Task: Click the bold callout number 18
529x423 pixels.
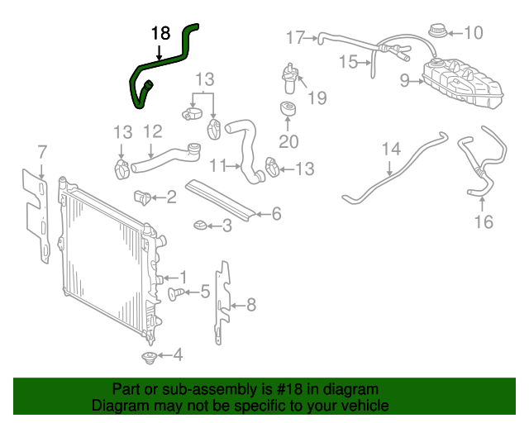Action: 160,34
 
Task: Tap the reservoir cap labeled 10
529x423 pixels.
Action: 436,34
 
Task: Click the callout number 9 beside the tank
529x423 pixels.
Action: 405,80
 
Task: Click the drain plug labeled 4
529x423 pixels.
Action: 149,357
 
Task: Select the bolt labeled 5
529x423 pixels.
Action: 177,292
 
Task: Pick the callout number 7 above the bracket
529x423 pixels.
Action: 42,151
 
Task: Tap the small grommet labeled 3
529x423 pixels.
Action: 201,225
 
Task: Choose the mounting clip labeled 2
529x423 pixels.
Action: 142,198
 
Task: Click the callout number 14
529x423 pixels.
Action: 391,149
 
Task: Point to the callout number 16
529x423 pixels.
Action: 484,221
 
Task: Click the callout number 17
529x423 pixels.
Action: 295,36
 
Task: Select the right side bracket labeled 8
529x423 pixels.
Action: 222,302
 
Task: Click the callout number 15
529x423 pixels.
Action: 348,60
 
